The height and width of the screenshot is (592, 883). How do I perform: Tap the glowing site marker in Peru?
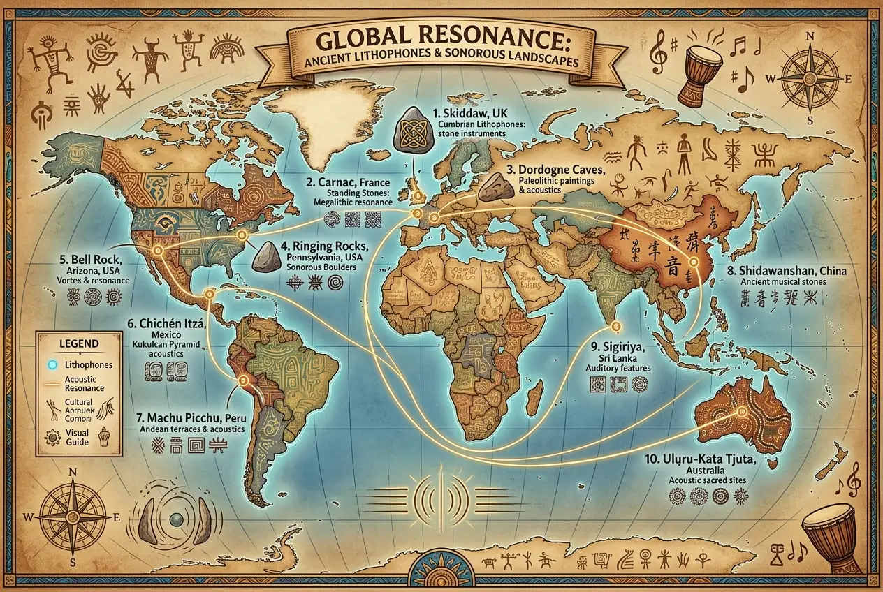click(243, 380)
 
